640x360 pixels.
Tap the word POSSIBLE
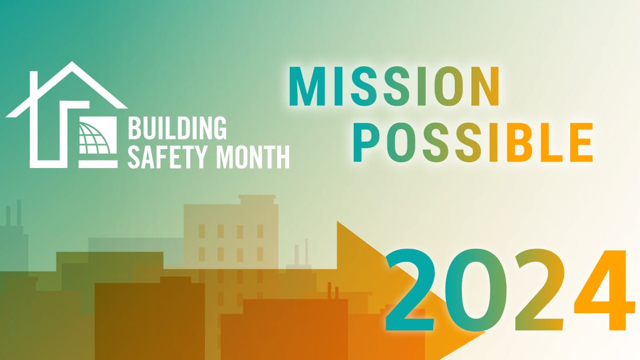coord(472,142)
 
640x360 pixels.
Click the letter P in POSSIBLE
coord(365,142)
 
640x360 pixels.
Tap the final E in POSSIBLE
coord(579,142)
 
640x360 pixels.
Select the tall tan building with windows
coord(231,240)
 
